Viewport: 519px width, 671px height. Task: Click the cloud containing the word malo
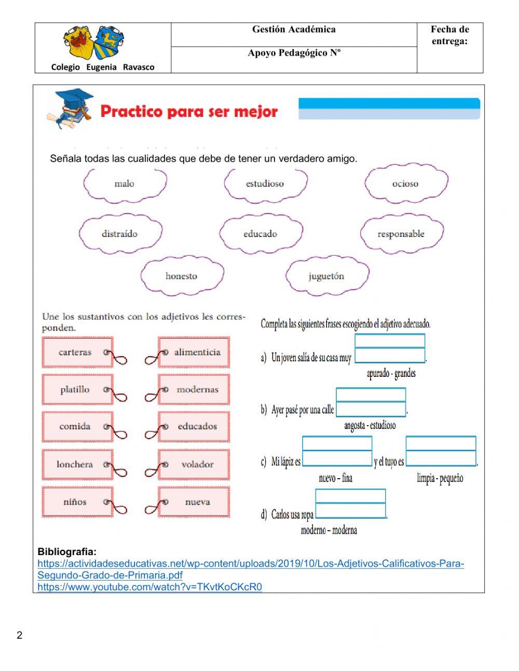pos(125,183)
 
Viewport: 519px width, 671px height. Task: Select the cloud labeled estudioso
pos(265,183)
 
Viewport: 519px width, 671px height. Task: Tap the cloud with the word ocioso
pos(405,183)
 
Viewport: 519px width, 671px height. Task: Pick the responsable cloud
pos(401,234)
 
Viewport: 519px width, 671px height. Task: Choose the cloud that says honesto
pos(182,276)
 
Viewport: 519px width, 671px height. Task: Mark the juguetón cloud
pos(326,276)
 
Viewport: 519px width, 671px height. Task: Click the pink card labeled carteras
pos(76,352)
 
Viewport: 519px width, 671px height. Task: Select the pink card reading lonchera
pos(76,465)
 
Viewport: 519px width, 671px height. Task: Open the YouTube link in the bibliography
pos(149,587)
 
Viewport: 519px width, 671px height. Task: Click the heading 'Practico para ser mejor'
pos(189,111)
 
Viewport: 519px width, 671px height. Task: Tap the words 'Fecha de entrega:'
pos(449,35)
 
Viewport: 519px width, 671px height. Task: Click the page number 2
pos(20,635)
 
